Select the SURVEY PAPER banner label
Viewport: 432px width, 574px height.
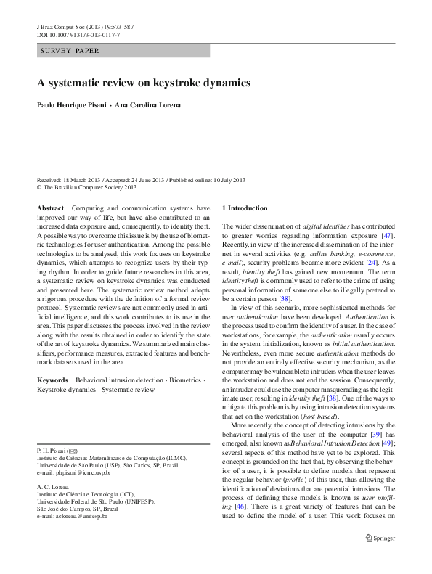click(x=70, y=52)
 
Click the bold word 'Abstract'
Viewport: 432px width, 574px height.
click(x=50, y=208)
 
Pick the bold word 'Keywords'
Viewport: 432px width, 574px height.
click(x=52, y=380)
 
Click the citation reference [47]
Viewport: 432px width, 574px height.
click(x=388, y=236)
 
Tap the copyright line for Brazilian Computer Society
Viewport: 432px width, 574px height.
click(x=86, y=186)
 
